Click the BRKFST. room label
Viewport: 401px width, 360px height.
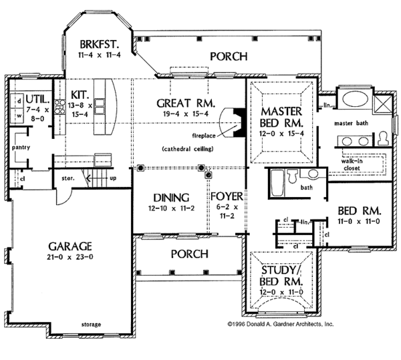(x=99, y=44)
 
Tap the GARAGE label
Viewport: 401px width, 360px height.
(x=70, y=246)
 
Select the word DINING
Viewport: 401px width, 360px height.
(x=171, y=198)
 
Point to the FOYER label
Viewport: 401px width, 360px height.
(x=227, y=196)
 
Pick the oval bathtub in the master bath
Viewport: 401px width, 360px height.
(x=356, y=99)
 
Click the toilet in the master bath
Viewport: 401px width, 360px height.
(x=383, y=138)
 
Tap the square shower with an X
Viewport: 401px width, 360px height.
(x=382, y=104)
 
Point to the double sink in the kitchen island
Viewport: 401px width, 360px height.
(x=99, y=107)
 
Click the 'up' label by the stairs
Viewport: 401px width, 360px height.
(x=113, y=178)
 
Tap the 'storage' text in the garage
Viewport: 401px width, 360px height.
(x=91, y=325)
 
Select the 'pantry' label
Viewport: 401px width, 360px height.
(x=21, y=148)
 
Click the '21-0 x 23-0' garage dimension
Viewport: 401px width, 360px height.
(x=70, y=257)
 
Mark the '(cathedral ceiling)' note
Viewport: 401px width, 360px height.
(x=188, y=149)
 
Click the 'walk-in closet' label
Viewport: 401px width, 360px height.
(x=352, y=164)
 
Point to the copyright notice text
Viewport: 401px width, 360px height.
(x=281, y=324)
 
